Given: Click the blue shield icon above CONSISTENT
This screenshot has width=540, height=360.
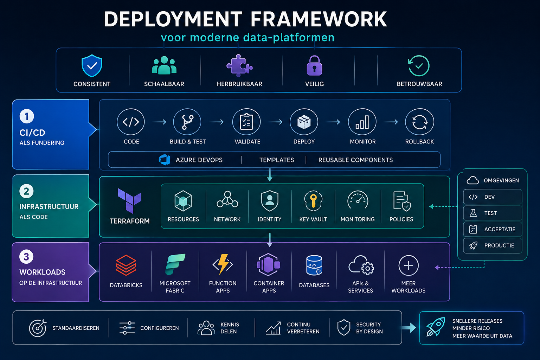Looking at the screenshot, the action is click(x=92, y=66).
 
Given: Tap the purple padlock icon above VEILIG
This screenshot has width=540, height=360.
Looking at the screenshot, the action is click(x=314, y=66).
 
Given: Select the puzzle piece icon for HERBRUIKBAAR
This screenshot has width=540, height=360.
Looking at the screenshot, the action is click(x=239, y=65).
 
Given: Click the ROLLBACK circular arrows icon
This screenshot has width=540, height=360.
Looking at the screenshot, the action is click(x=420, y=122).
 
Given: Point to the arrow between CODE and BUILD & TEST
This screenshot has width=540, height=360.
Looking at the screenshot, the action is click(x=159, y=122).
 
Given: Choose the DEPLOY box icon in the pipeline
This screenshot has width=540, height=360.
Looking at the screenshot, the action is click(x=304, y=122).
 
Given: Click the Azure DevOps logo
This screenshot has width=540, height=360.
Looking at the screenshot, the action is click(x=165, y=160).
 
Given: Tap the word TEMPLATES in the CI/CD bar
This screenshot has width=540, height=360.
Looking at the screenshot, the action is click(x=277, y=160).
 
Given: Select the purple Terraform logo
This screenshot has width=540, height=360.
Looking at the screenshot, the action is click(x=129, y=201).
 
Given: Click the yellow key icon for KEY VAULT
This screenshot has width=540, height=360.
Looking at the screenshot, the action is click(x=313, y=201).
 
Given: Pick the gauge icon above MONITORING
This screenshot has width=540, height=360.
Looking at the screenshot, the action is click(x=358, y=200).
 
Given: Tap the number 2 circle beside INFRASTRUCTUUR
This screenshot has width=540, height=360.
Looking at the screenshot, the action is click(x=26, y=191).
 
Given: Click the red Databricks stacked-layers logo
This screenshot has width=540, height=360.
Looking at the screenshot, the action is click(x=126, y=265).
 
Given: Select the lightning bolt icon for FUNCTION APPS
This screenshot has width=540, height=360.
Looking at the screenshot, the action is click(x=223, y=264).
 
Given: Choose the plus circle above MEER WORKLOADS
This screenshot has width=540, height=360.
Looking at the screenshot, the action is click(x=409, y=265).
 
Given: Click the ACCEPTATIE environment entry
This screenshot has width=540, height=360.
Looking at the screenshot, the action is click(x=493, y=229).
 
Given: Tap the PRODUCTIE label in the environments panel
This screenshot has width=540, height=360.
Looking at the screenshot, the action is click(x=499, y=245).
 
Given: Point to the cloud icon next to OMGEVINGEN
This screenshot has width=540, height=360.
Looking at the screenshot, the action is click(x=472, y=180).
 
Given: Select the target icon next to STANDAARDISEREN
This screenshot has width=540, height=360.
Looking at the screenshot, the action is click(x=38, y=328).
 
